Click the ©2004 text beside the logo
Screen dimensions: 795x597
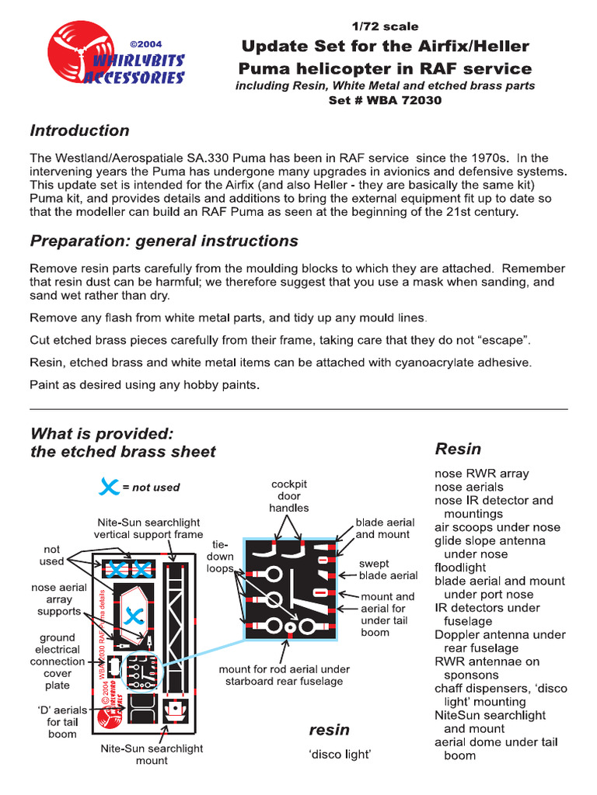(145, 44)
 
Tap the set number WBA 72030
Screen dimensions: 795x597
(386, 101)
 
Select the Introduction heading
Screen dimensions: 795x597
(79, 130)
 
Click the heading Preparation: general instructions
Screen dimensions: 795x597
(163, 241)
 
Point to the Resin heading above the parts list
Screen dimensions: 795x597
(458, 449)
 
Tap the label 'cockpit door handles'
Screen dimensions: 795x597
(289, 496)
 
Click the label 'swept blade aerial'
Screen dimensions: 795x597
(388, 569)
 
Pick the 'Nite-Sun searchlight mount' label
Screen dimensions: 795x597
(152, 755)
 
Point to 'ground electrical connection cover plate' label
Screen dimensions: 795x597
(58, 661)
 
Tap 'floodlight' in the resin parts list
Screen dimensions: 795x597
(461, 568)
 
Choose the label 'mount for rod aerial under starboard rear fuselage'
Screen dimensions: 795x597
(284, 675)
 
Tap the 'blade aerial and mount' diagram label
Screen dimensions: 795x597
(385, 529)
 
